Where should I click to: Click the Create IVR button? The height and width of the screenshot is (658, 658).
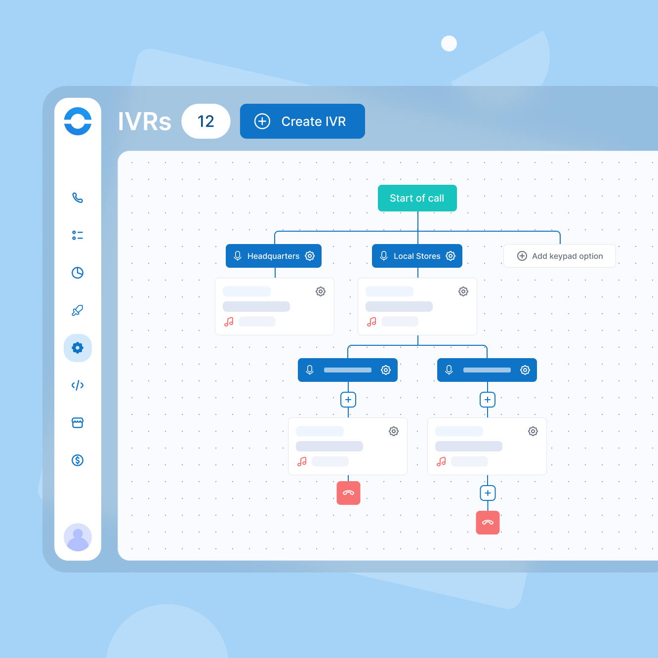pos(302,121)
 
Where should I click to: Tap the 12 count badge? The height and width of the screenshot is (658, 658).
pos(206,121)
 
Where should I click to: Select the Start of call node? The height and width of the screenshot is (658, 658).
pos(417,198)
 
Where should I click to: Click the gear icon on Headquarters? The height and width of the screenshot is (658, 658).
pos(310,256)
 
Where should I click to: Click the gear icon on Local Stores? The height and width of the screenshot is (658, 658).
pos(451,256)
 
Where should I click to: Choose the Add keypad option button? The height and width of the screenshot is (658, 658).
pos(559,256)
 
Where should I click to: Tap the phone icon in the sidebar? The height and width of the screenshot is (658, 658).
pos(78,198)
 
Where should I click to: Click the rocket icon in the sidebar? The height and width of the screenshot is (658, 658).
pos(78,310)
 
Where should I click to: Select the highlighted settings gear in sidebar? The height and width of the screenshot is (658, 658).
pos(78,348)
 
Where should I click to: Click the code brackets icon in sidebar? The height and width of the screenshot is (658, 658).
pos(78,385)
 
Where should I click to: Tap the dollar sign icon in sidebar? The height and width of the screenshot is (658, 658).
pos(78,460)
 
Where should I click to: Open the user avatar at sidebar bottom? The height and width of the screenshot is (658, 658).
pos(78,537)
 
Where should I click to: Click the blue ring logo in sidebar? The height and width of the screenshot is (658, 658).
pos(78,121)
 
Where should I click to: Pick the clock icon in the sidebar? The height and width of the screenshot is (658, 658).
pos(78,273)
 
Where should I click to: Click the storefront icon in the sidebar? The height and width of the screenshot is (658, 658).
pos(78,423)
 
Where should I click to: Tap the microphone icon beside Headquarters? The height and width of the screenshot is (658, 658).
pos(238,256)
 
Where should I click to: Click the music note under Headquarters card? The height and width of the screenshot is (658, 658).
pos(229,322)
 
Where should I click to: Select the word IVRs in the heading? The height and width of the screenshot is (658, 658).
pos(144,122)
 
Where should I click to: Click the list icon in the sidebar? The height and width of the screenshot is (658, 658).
pos(78,235)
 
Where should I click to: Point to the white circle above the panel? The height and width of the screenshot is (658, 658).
pos(449,43)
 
